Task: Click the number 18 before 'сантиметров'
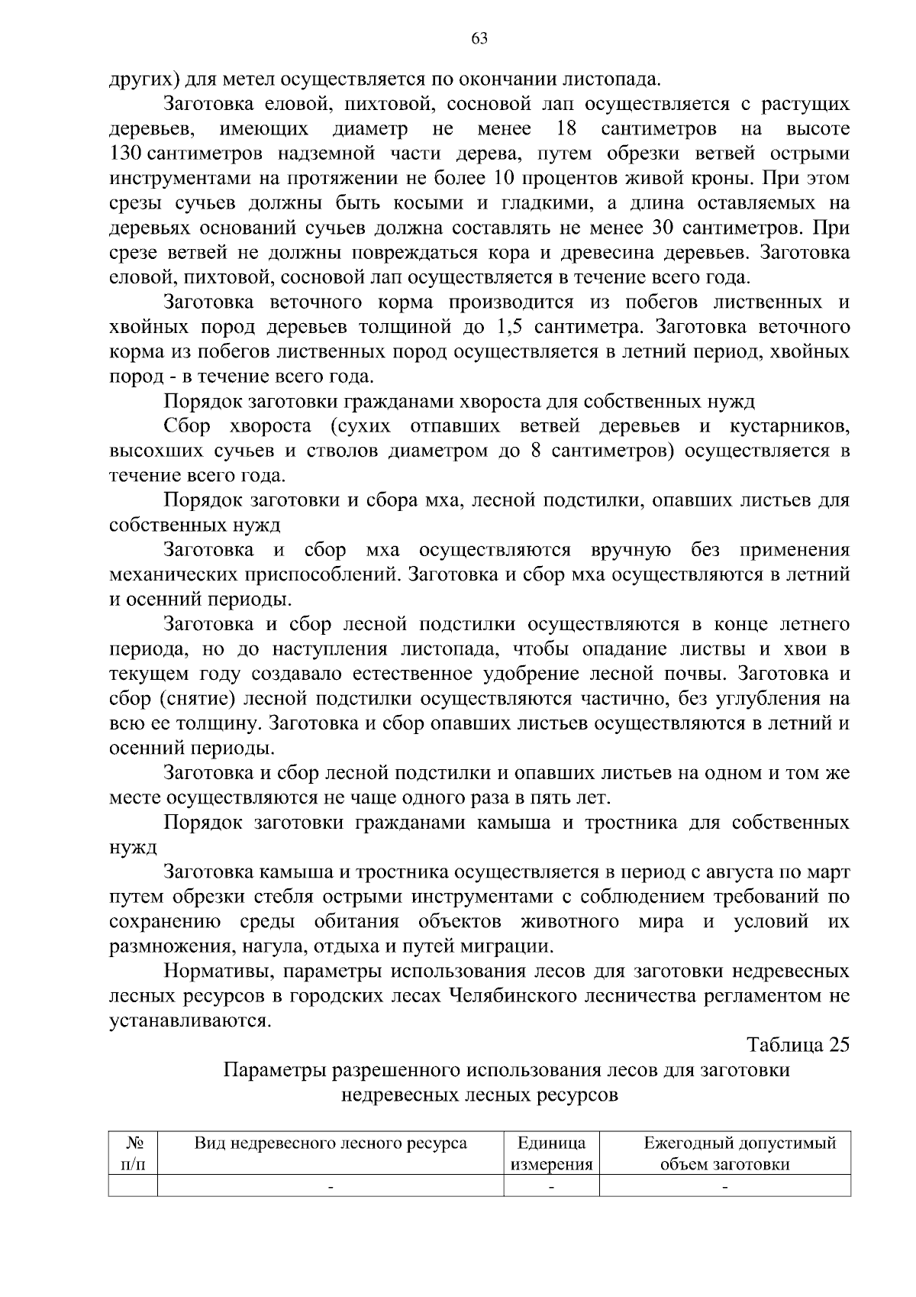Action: [x=566, y=128]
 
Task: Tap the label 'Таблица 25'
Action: [x=797, y=1046]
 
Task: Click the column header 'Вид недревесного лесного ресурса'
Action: [x=331, y=1143]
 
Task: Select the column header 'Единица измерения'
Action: [x=551, y=1154]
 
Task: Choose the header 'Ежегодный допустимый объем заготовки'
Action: [x=724, y=1154]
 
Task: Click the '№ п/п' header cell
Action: [x=134, y=1154]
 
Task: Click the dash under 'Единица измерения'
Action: [x=551, y=1187]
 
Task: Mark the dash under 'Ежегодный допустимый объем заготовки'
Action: [x=724, y=1187]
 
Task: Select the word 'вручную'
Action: [x=631, y=551]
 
